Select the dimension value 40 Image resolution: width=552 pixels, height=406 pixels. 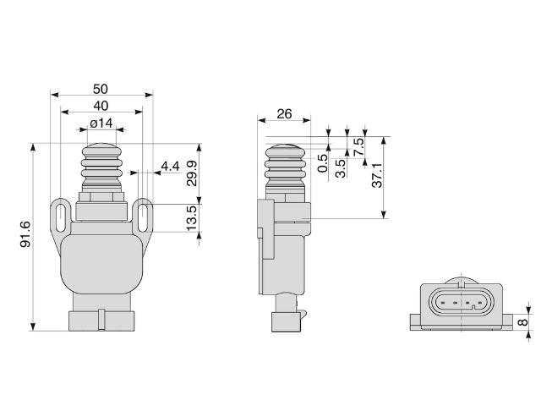(x=101, y=106)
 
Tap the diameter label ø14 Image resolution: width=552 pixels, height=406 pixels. (x=101, y=123)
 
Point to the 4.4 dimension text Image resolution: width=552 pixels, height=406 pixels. (x=170, y=166)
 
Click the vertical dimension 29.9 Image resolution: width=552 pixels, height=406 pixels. (x=192, y=173)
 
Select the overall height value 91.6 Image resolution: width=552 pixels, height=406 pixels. (x=25, y=234)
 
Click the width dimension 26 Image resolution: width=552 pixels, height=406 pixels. (x=285, y=114)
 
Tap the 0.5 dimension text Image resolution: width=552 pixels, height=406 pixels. (x=323, y=163)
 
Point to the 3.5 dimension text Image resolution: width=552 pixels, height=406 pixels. (x=341, y=167)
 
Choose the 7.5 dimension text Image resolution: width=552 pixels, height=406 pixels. (x=358, y=145)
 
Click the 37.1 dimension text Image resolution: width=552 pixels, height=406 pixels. (x=377, y=175)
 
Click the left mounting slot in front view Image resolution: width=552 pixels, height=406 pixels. (x=59, y=215)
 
